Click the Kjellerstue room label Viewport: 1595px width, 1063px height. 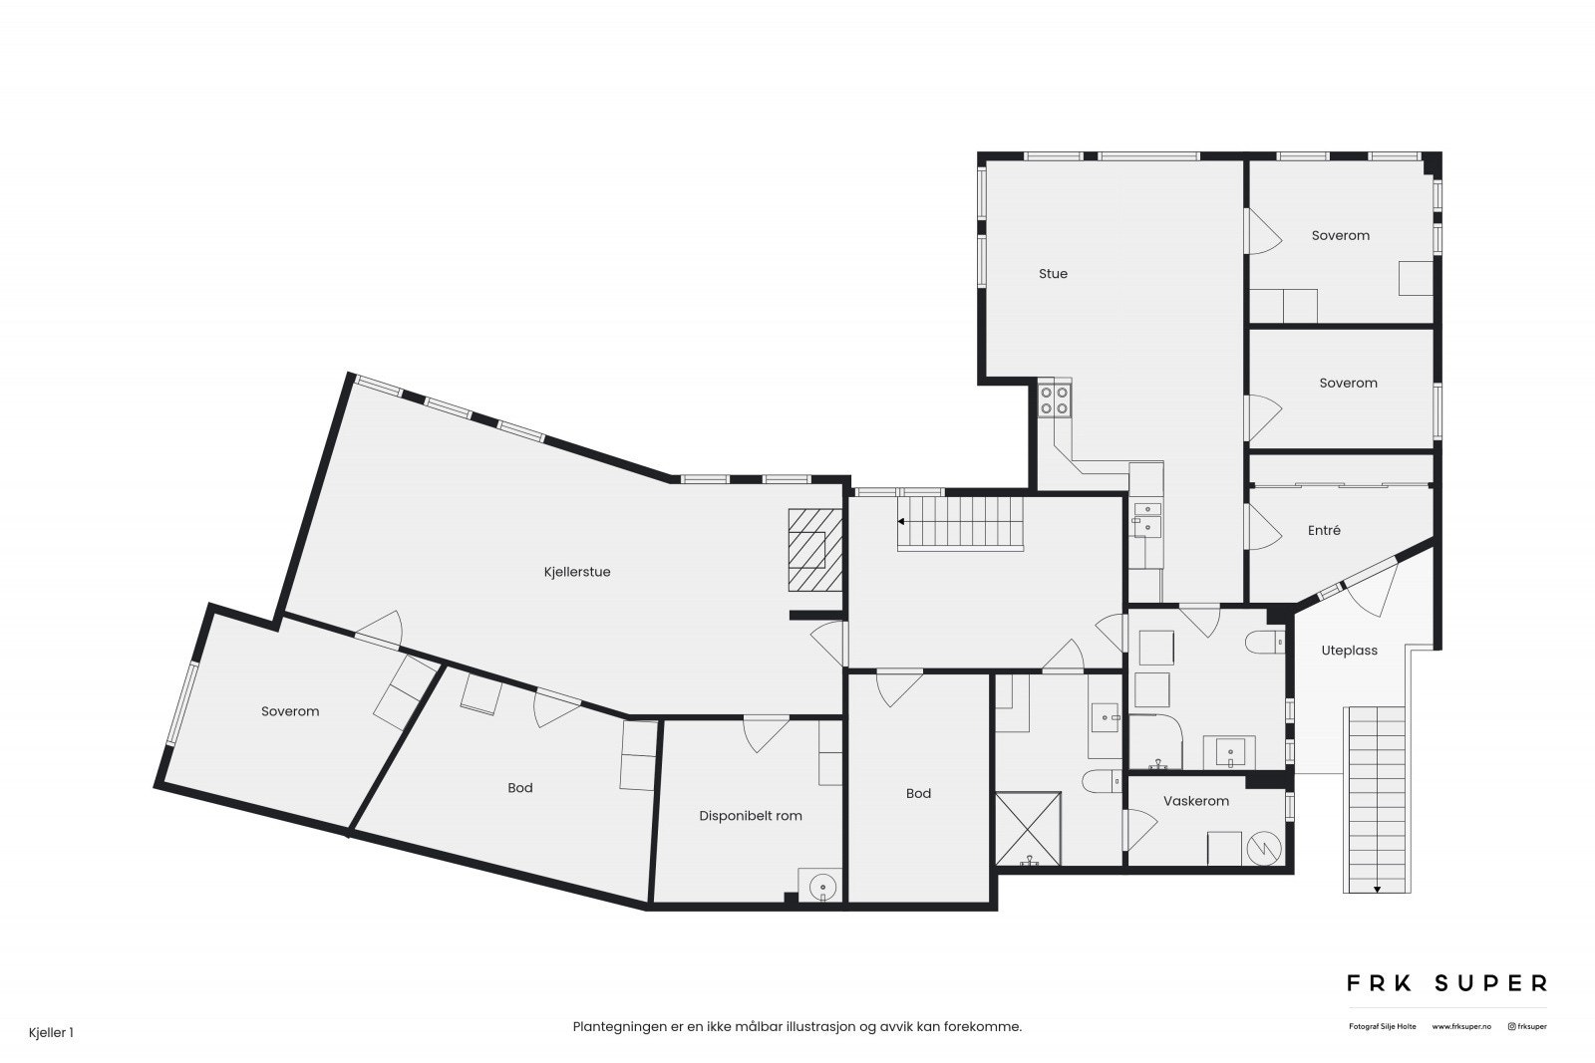(576, 573)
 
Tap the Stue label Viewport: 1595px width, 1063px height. (1053, 274)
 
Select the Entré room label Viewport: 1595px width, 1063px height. (1324, 531)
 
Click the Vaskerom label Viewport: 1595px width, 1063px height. (1195, 801)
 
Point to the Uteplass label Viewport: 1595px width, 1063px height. (1349, 651)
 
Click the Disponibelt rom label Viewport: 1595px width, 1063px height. (750, 816)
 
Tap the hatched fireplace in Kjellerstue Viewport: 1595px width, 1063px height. (814, 551)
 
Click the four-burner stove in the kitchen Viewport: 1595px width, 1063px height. (1055, 400)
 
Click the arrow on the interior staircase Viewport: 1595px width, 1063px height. (902, 521)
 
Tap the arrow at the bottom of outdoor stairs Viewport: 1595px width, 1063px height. (1377, 889)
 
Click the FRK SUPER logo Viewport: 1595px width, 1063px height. (1446, 983)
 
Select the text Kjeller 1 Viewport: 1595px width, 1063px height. (51, 1033)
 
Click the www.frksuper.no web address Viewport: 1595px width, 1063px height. (1461, 1026)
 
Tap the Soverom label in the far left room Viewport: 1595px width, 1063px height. (290, 711)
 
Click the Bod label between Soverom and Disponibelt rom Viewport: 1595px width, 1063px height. (519, 788)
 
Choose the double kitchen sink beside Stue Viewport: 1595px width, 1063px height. (1146, 520)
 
